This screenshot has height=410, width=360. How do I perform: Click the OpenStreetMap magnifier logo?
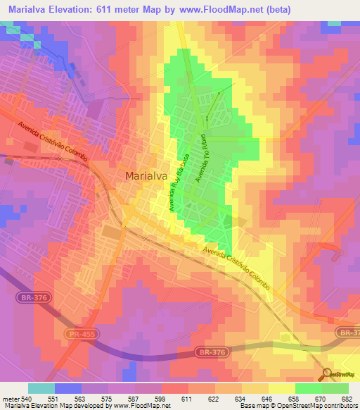click(x=328, y=374)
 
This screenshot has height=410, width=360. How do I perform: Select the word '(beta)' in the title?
click(x=277, y=8)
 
